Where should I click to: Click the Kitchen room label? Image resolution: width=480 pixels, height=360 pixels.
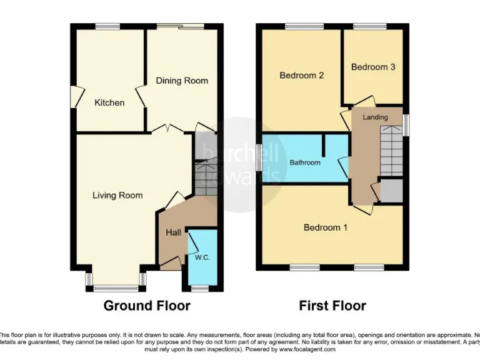pyautogui.click(x=109, y=102)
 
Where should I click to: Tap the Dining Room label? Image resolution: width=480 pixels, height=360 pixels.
pyautogui.click(x=182, y=81)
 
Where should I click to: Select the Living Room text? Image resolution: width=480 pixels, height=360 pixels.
pyautogui.click(x=117, y=196)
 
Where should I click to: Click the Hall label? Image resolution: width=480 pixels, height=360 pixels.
pyautogui.click(x=173, y=232)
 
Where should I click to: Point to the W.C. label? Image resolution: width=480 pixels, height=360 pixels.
pyautogui.click(x=202, y=257)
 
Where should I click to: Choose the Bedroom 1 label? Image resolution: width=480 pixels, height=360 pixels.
pyautogui.click(x=325, y=227)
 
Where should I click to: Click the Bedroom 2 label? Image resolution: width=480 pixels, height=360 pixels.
pyautogui.click(x=301, y=76)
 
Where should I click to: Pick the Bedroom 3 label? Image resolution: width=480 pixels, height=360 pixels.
pyautogui.click(x=372, y=67)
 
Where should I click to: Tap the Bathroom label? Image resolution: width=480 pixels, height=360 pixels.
pyautogui.click(x=305, y=162)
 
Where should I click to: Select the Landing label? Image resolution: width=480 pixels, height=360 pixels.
pyautogui.click(x=375, y=117)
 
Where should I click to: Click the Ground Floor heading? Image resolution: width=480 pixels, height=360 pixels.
pyautogui.click(x=146, y=306)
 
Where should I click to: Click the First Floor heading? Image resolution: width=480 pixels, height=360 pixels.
pyautogui.click(x=332, y=306)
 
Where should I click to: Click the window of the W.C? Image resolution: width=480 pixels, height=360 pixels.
pyautogui.click(x=201, y=288)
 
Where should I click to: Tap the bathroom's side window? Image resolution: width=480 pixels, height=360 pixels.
pyautogui.click(x=259, y=157)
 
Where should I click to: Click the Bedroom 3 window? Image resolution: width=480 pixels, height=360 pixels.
pyautogui.click(x=369, y=26)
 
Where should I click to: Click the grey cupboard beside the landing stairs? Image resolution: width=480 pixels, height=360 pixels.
pyautogui.click(x=392, y=191)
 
